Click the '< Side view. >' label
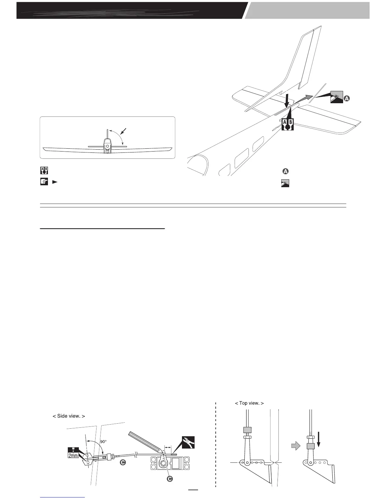click(68, 416)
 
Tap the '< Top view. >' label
click(249, 403)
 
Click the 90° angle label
click(103, 442)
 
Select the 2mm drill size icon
click(73, 452)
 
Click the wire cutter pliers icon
click(188, 442)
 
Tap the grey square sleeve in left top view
click(247, 430)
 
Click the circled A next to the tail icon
click(346, 98)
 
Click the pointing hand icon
click(44, 182)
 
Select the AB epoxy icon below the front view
click(44, 170)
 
